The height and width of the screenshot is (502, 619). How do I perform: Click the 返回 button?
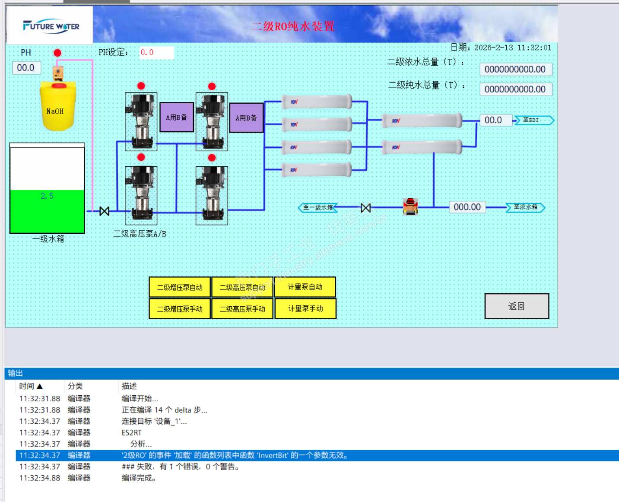(x=517, y=306)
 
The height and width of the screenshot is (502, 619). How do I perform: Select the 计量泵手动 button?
(x=305, y=309)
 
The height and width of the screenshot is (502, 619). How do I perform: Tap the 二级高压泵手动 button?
(x=242, y=309)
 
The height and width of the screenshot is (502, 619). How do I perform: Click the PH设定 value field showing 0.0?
(x=156, y=53)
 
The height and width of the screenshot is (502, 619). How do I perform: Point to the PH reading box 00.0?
(x=26, y=68)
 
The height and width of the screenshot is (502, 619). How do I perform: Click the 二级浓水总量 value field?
(x=515, y=70)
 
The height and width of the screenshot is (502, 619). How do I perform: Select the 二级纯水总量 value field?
(x=515, y=89)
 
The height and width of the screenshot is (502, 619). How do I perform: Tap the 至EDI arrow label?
(x=533, y=120)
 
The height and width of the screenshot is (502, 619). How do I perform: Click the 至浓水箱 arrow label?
(x=525, y=207)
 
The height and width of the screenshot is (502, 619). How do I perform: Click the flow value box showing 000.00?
(x=467, y=207)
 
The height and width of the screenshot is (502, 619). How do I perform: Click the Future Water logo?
(x=51, y=26)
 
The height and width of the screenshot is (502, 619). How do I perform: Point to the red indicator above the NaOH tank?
(x=57, y=53)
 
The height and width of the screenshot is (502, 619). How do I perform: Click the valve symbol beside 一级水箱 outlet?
(x=105, y=211)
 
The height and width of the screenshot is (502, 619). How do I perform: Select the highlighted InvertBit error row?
(x=235, y=455)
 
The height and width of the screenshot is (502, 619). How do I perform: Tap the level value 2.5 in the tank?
(x=47, y=196)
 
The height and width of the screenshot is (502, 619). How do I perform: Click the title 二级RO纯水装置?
(x=293, y=26)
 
